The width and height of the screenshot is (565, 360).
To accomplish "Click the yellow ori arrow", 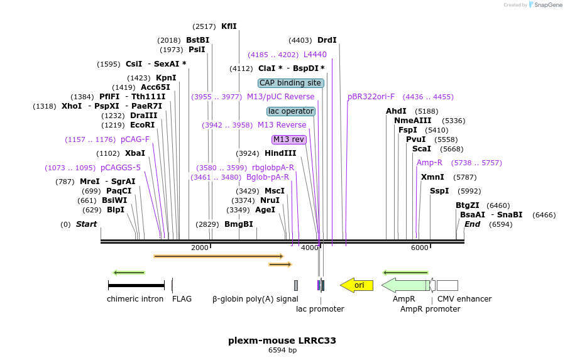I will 357,285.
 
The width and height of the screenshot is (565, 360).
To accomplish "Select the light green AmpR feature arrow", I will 405,285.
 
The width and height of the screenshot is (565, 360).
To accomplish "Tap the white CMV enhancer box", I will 447,285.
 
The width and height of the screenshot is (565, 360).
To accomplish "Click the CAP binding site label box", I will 291,83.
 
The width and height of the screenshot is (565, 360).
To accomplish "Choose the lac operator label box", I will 291,111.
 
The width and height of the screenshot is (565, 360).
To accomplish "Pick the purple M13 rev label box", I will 288,139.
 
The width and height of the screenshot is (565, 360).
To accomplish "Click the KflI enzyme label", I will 229,26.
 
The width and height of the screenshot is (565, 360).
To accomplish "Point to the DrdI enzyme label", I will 327,40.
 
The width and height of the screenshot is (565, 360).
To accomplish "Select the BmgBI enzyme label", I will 239,224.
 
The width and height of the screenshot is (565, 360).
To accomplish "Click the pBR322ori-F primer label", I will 371,97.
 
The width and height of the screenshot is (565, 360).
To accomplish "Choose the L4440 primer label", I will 315,55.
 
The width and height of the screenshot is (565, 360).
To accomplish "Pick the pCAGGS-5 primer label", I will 121,168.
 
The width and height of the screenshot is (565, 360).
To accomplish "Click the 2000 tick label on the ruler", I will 199,248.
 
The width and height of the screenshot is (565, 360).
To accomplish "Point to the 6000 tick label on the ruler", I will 419,248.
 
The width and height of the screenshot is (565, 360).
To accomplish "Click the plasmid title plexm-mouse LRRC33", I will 282,341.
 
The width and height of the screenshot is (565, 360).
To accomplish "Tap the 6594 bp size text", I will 282,351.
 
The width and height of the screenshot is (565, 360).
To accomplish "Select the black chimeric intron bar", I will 136,285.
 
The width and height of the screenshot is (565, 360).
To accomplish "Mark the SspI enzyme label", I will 439,191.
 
